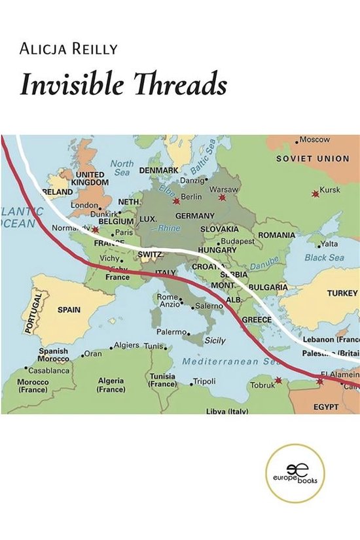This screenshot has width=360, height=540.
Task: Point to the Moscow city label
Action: coord(316,140)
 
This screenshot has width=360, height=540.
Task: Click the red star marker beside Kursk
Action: coord(315,193)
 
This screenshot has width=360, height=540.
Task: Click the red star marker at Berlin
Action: coord(175,202)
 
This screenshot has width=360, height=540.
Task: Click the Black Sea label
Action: coord(324,258)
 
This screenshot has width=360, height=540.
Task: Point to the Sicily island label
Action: coord(215,341)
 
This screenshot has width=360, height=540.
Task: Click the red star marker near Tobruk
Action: coord(279,380)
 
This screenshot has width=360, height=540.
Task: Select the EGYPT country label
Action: coord(326,406)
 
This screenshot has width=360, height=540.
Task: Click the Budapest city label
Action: coord(238,241)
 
